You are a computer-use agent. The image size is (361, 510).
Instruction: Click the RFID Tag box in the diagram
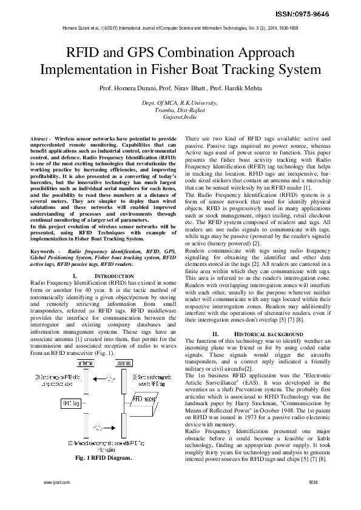tap(70, 402)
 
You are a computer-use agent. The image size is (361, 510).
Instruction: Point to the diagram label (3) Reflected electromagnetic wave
tap(100, 444)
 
